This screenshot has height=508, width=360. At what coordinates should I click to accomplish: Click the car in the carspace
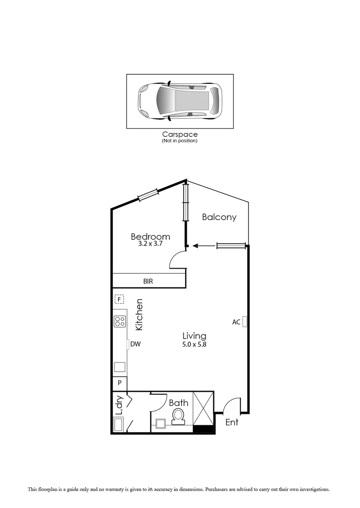point(179,101)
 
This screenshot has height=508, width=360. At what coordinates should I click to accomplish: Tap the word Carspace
point(179,135)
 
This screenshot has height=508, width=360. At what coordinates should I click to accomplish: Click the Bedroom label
point(150,237)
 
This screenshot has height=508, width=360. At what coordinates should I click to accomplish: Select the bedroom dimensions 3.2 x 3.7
point(150,245)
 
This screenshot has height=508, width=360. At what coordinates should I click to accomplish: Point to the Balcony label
point(219,217)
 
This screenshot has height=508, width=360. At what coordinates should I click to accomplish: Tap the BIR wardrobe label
point(148,281)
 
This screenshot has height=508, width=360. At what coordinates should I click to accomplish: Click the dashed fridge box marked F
point(120,299)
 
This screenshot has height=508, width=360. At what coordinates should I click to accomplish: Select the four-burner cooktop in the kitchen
point(120,321)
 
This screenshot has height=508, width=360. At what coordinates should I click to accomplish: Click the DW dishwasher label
point(136,344)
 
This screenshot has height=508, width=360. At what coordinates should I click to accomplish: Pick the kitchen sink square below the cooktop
point(120,367)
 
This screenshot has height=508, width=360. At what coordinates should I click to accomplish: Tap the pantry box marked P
point(120,383)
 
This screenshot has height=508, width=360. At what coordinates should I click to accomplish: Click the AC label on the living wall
point(236,322)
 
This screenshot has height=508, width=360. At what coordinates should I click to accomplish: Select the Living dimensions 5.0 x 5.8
point(194,344)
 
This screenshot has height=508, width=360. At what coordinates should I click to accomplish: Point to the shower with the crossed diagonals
point(203,408)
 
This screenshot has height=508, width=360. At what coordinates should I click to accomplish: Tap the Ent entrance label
point(232,422)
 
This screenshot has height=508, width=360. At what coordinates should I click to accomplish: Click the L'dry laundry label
point(119,405)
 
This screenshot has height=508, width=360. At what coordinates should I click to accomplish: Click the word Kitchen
point(139,314)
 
